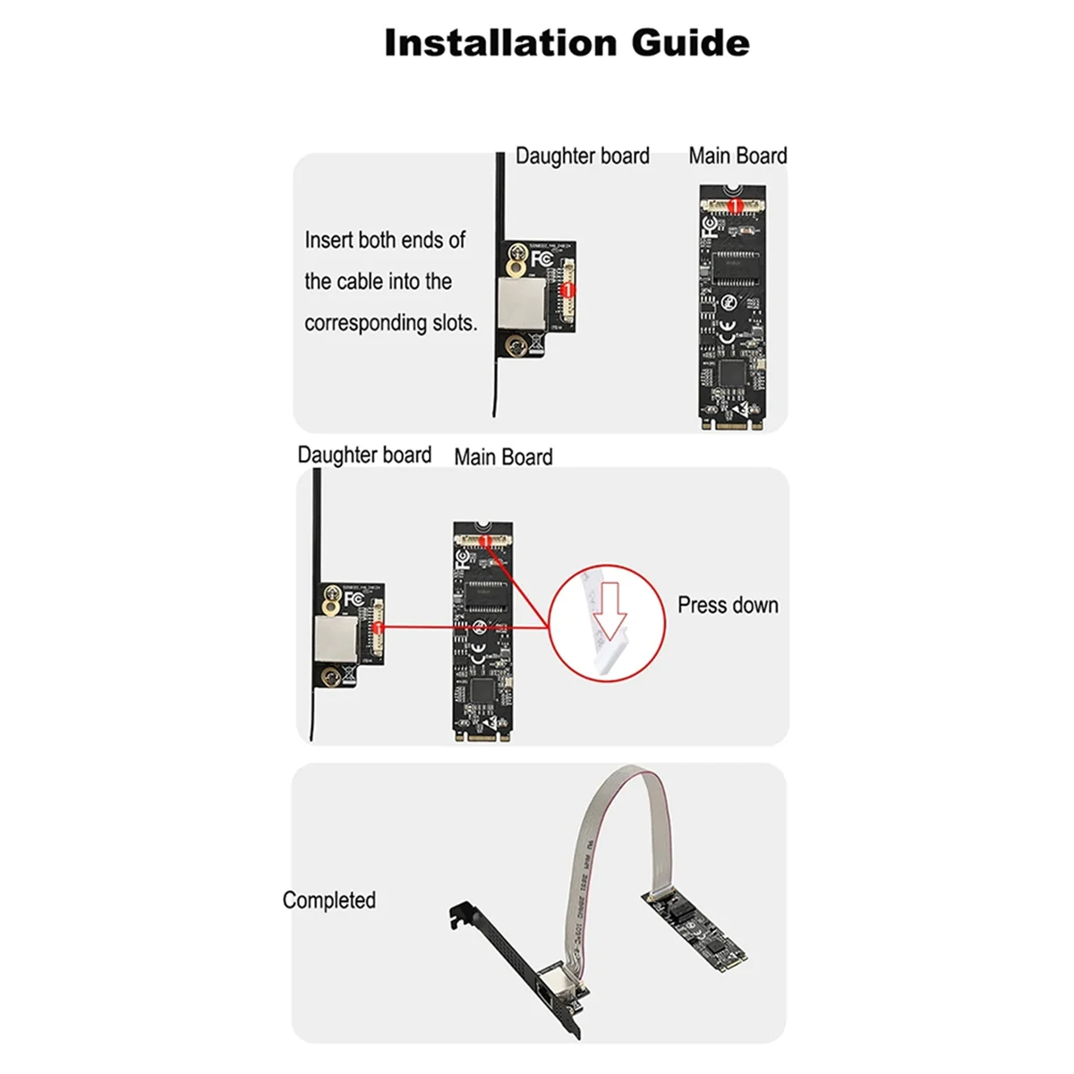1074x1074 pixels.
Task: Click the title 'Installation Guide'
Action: (566, 43)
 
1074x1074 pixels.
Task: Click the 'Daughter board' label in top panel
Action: (582, 156)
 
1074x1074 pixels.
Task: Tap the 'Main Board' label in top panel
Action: (737, 156)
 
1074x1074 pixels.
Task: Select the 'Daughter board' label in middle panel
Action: (364, 455)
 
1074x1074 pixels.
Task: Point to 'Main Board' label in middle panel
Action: (503, 457)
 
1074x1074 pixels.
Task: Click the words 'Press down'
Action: (727, 606)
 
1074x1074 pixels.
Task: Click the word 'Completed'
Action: (328, 900)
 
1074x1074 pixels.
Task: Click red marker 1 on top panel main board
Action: (734, 206)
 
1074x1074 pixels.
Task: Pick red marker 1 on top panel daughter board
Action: (566, 291)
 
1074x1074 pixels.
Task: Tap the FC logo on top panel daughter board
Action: (541, 259)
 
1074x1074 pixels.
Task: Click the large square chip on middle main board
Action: (484, 690)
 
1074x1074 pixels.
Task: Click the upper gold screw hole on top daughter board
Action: (516, 266)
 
